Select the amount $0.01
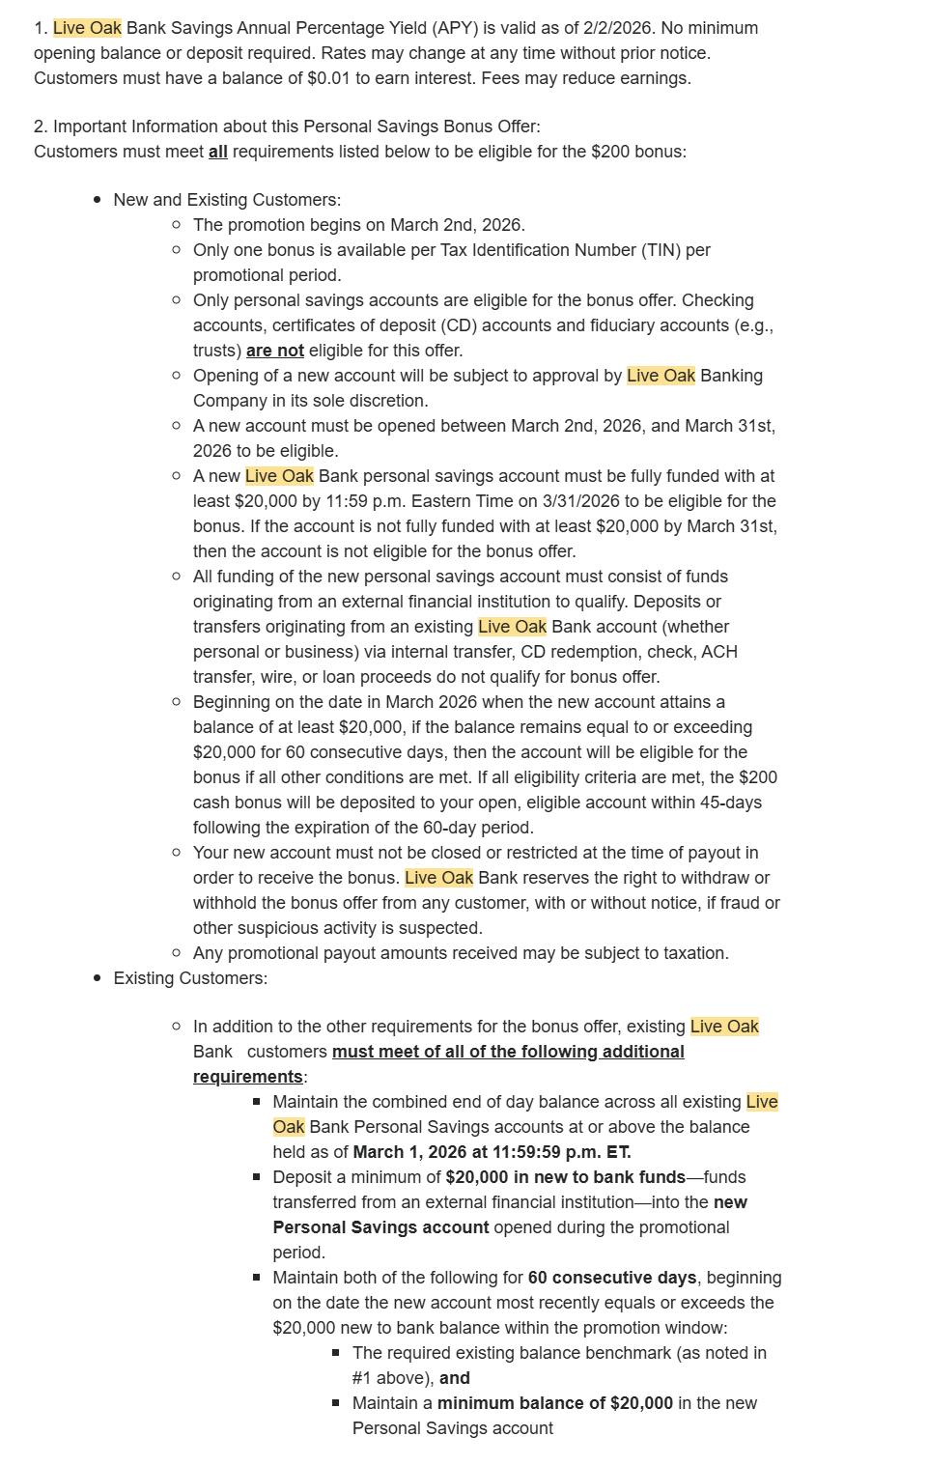click(x=329, y=78)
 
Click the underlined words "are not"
click(x=275, y=351)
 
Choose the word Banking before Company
click(x=731, y=376)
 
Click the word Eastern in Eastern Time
click(x=441, y=501)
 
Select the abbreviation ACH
click(x=719, y=652)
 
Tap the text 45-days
click(x=731, y=803)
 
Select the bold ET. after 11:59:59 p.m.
click(x=618, y=1152)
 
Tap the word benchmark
click(x=628, y=1353)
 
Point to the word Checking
click(x=717, y=300)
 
